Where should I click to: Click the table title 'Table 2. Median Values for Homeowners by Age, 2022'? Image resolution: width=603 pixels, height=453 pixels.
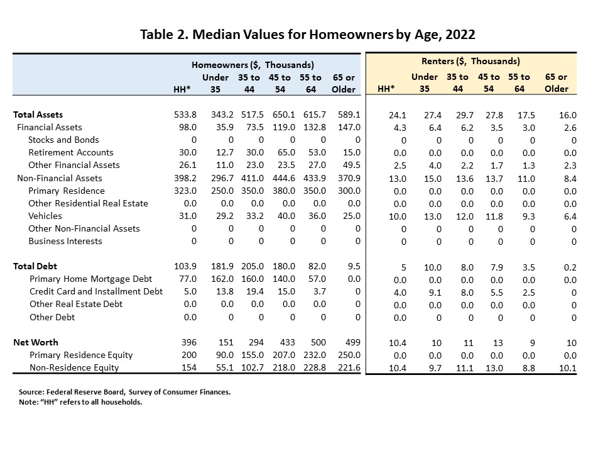[307, 34]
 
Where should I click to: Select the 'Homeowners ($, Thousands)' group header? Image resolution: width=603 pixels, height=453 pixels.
[253, 65]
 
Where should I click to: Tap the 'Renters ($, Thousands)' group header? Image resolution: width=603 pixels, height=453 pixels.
[470, 61]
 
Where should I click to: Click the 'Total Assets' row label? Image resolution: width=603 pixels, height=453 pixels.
[38, 115]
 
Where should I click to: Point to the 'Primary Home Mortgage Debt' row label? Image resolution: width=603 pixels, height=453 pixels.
[90, 279]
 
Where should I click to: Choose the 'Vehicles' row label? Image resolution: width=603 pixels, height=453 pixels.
[45, 216]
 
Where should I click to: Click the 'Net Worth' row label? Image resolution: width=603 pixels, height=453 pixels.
[35, 342]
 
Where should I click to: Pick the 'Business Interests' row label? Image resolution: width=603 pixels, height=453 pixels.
[65, 241]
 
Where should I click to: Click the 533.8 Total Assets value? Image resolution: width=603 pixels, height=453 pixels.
[185, 115]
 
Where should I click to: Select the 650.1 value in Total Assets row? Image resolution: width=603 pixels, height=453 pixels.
[284, 115]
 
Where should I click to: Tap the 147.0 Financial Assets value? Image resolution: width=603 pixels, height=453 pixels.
[349, 127]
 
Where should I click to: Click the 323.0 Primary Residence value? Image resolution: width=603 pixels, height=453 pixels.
[185, 191]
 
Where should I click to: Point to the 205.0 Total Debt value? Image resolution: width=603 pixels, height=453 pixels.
[253, 266]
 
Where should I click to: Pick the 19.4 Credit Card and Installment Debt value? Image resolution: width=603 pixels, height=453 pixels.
[255, 291]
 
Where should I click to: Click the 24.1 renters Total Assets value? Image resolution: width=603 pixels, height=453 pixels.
[398, 115]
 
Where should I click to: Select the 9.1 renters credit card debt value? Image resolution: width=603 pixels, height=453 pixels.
[435, 293]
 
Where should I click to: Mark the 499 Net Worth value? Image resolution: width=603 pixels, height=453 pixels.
[352, 342]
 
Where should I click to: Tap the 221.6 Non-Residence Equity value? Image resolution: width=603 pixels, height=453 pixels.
[349, 367]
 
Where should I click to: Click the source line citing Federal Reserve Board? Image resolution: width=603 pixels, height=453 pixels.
[124, 392]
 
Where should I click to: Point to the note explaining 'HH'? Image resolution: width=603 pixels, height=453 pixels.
[80, 402]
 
